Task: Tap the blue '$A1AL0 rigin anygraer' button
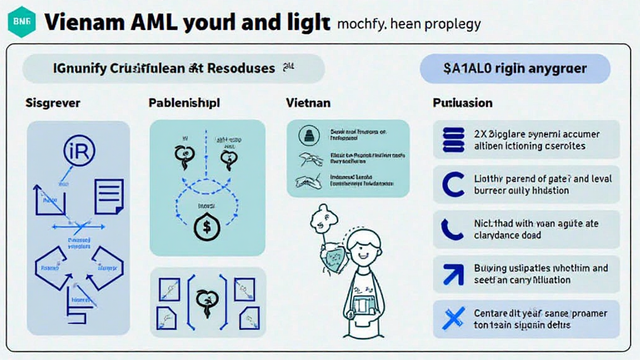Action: click(515, 68)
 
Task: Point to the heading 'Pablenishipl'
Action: click(184, 102)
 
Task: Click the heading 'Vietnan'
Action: click(308, 102)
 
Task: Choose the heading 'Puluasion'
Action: click(462, 102)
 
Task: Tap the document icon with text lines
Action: click(109, 196)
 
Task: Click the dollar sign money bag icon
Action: click(206, 227)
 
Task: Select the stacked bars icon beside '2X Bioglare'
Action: click(453, 139)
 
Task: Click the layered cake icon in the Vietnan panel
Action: click(307, 134)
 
